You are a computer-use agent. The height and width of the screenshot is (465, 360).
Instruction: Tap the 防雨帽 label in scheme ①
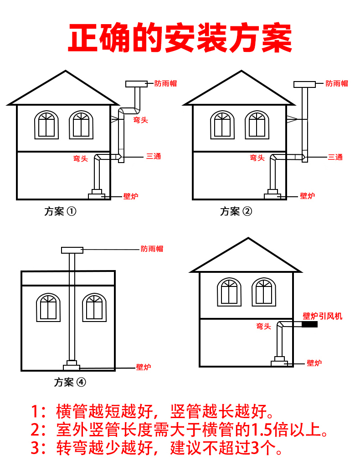[165, 83]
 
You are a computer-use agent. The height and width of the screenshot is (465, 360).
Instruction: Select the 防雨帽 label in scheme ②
[336, 83]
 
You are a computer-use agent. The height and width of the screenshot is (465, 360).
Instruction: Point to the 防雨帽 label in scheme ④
[152, 249]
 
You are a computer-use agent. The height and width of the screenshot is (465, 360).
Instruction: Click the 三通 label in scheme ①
[154, 156]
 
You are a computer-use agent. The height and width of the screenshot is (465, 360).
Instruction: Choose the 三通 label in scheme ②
[335, 157]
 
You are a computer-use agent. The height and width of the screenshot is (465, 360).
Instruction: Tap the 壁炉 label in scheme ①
[130, 196]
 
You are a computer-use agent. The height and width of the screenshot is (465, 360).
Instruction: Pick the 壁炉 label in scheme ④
[144, 367]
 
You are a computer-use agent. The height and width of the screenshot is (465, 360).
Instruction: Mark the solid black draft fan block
[309, 325]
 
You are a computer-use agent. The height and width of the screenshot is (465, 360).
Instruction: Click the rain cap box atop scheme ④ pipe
[72, 250]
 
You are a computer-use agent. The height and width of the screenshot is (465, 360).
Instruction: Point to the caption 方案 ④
[70, 382]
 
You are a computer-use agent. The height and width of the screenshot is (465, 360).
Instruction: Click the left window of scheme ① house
[46, 124]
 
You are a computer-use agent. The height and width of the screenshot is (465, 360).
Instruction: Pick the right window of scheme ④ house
[94, 307]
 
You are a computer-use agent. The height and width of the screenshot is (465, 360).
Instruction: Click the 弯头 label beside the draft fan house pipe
[263, 326]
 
